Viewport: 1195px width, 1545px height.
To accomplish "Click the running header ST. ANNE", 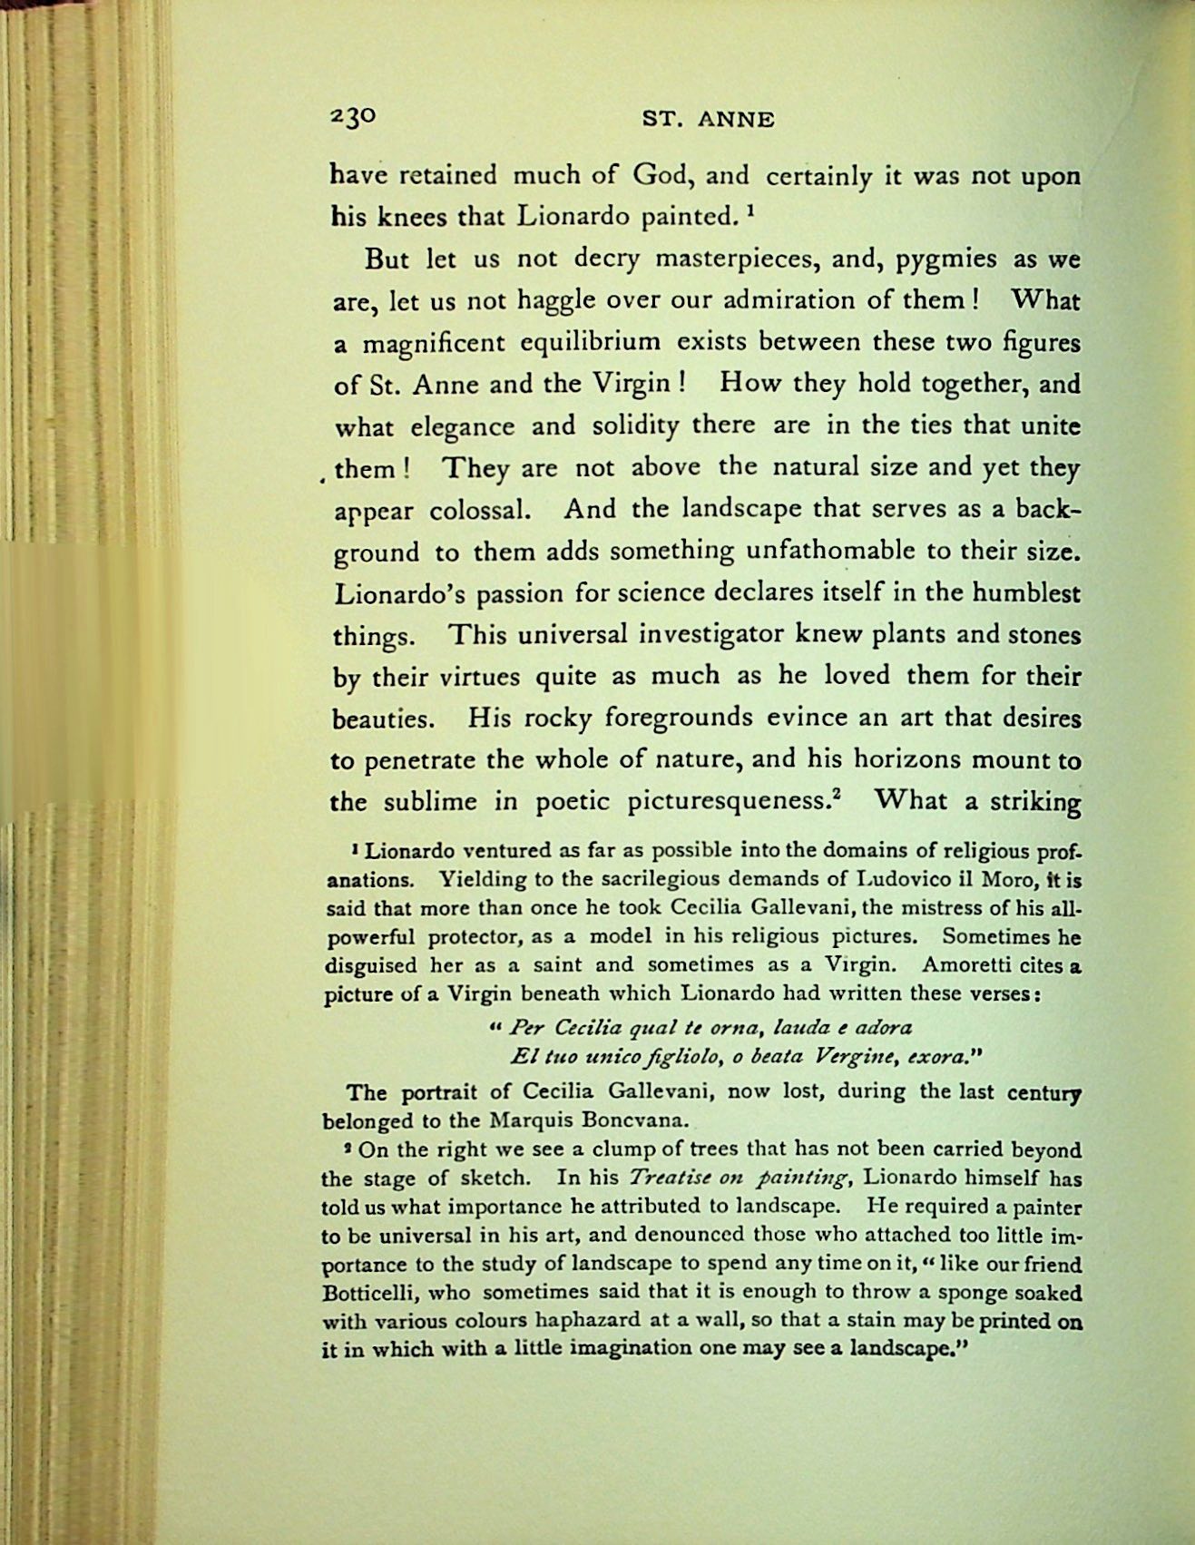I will [708, 119].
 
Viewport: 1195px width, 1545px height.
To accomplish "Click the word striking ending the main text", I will [1034, 802].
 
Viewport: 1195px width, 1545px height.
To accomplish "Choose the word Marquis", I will [533, 1120].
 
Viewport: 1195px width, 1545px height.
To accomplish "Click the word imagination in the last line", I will [634, 1349].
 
